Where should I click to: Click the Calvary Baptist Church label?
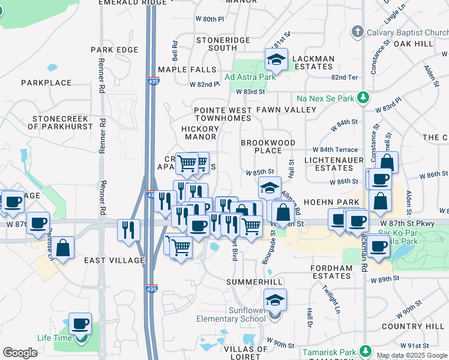405,32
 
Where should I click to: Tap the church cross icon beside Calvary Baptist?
357,31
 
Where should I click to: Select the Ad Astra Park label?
250,77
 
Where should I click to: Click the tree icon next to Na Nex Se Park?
363,97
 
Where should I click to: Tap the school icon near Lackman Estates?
276,59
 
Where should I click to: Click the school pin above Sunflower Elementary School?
275,299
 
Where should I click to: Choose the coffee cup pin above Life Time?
80,324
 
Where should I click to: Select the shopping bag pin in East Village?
62,247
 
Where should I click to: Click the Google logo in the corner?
20,353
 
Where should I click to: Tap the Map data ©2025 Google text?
412,355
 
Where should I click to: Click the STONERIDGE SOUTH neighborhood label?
217,44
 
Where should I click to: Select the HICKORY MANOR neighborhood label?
200,133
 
